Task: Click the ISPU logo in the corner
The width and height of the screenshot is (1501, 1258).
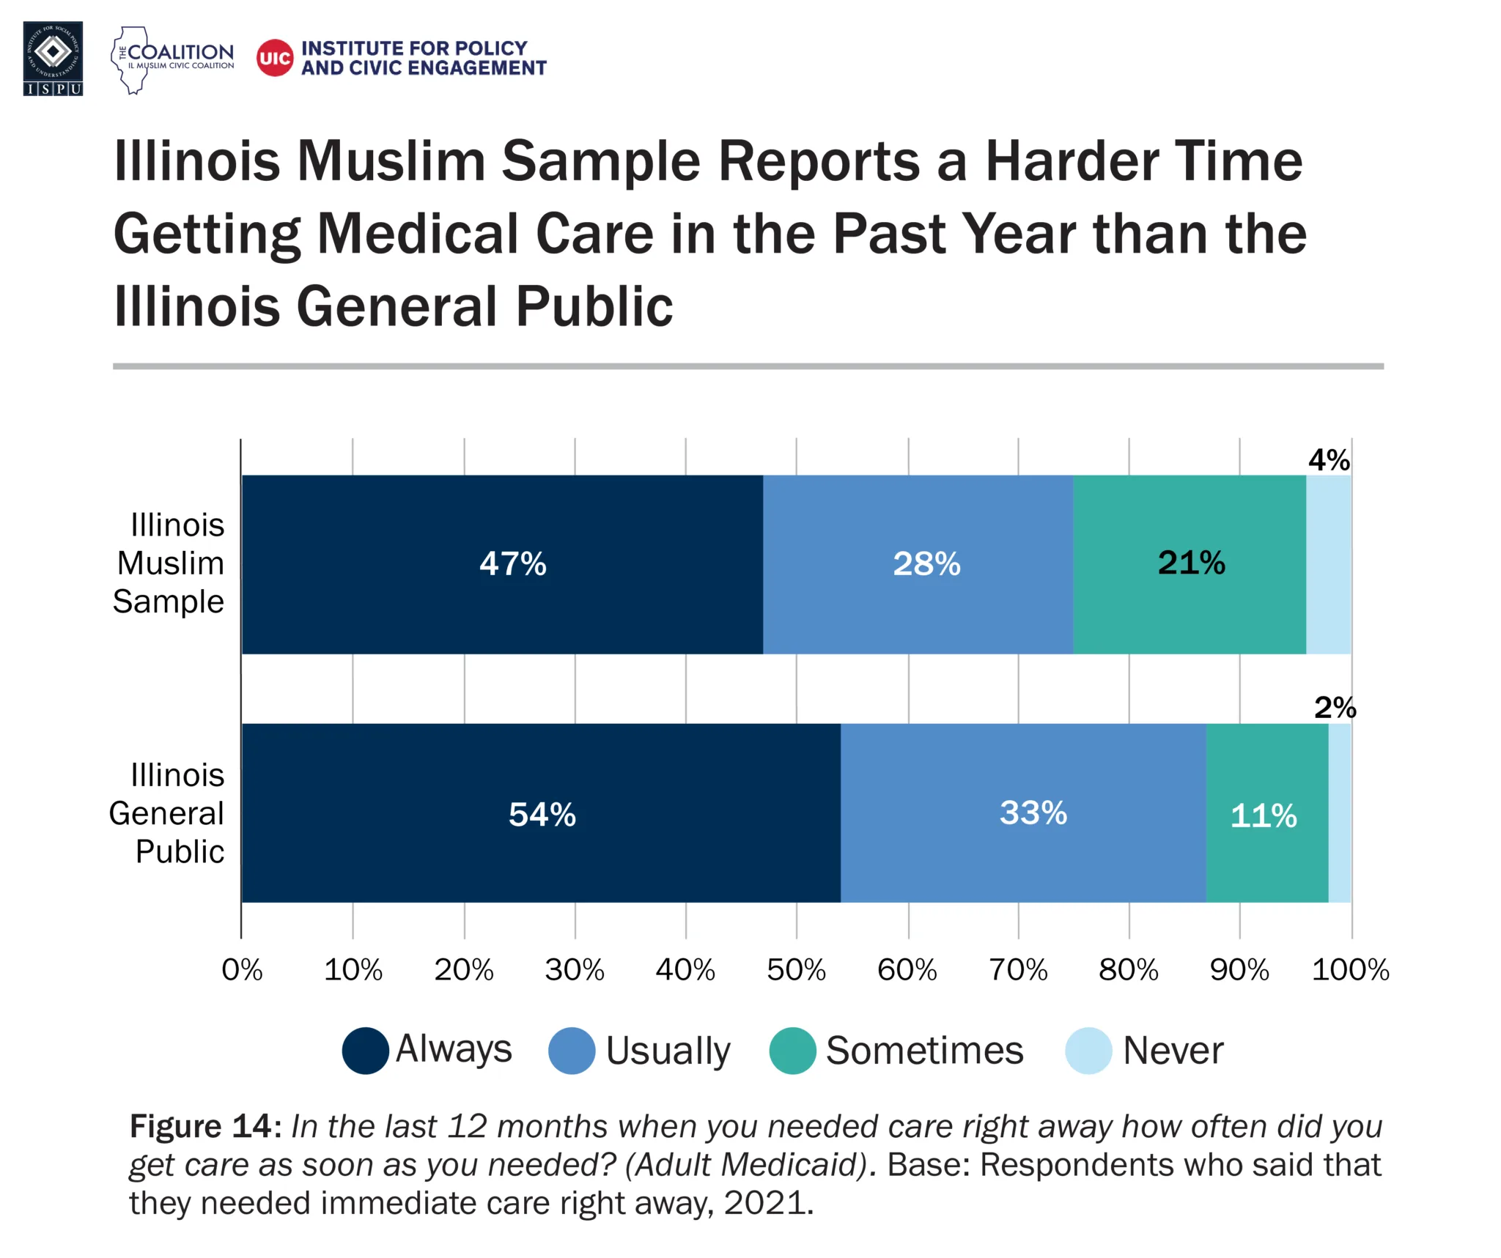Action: coord(53,59)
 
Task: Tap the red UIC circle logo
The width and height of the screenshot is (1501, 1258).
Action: coord(275,58)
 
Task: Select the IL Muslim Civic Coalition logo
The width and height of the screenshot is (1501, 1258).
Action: coord(173,59)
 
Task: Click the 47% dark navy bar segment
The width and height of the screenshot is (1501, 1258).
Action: coord(503,564)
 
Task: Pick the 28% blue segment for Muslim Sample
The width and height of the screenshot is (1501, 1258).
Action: coord(918,564)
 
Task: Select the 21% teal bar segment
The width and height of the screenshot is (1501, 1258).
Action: coord(1189,563)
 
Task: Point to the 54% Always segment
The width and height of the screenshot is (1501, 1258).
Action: coord(541,814)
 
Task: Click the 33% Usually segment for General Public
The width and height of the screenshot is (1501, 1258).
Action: coord(1023,813)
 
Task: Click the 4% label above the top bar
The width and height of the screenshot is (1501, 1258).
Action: coord(1328,460)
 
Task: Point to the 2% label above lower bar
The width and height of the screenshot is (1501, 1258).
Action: coord(1334,708)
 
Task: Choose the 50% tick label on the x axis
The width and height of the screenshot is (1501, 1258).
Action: coord(796,970)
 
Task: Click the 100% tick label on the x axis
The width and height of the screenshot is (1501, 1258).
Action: coord(1350,970)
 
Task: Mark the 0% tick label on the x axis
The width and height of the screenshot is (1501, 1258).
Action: coord(242,970)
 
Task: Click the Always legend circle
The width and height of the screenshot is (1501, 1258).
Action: coord(365,1051)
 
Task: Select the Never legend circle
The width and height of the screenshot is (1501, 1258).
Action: coord(1088,1051)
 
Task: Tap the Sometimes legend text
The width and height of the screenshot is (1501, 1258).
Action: coord(924,1051)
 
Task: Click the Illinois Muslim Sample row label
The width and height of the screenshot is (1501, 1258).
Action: coord(170,563)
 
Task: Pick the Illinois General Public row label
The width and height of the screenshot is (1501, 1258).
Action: coord(168,813)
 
